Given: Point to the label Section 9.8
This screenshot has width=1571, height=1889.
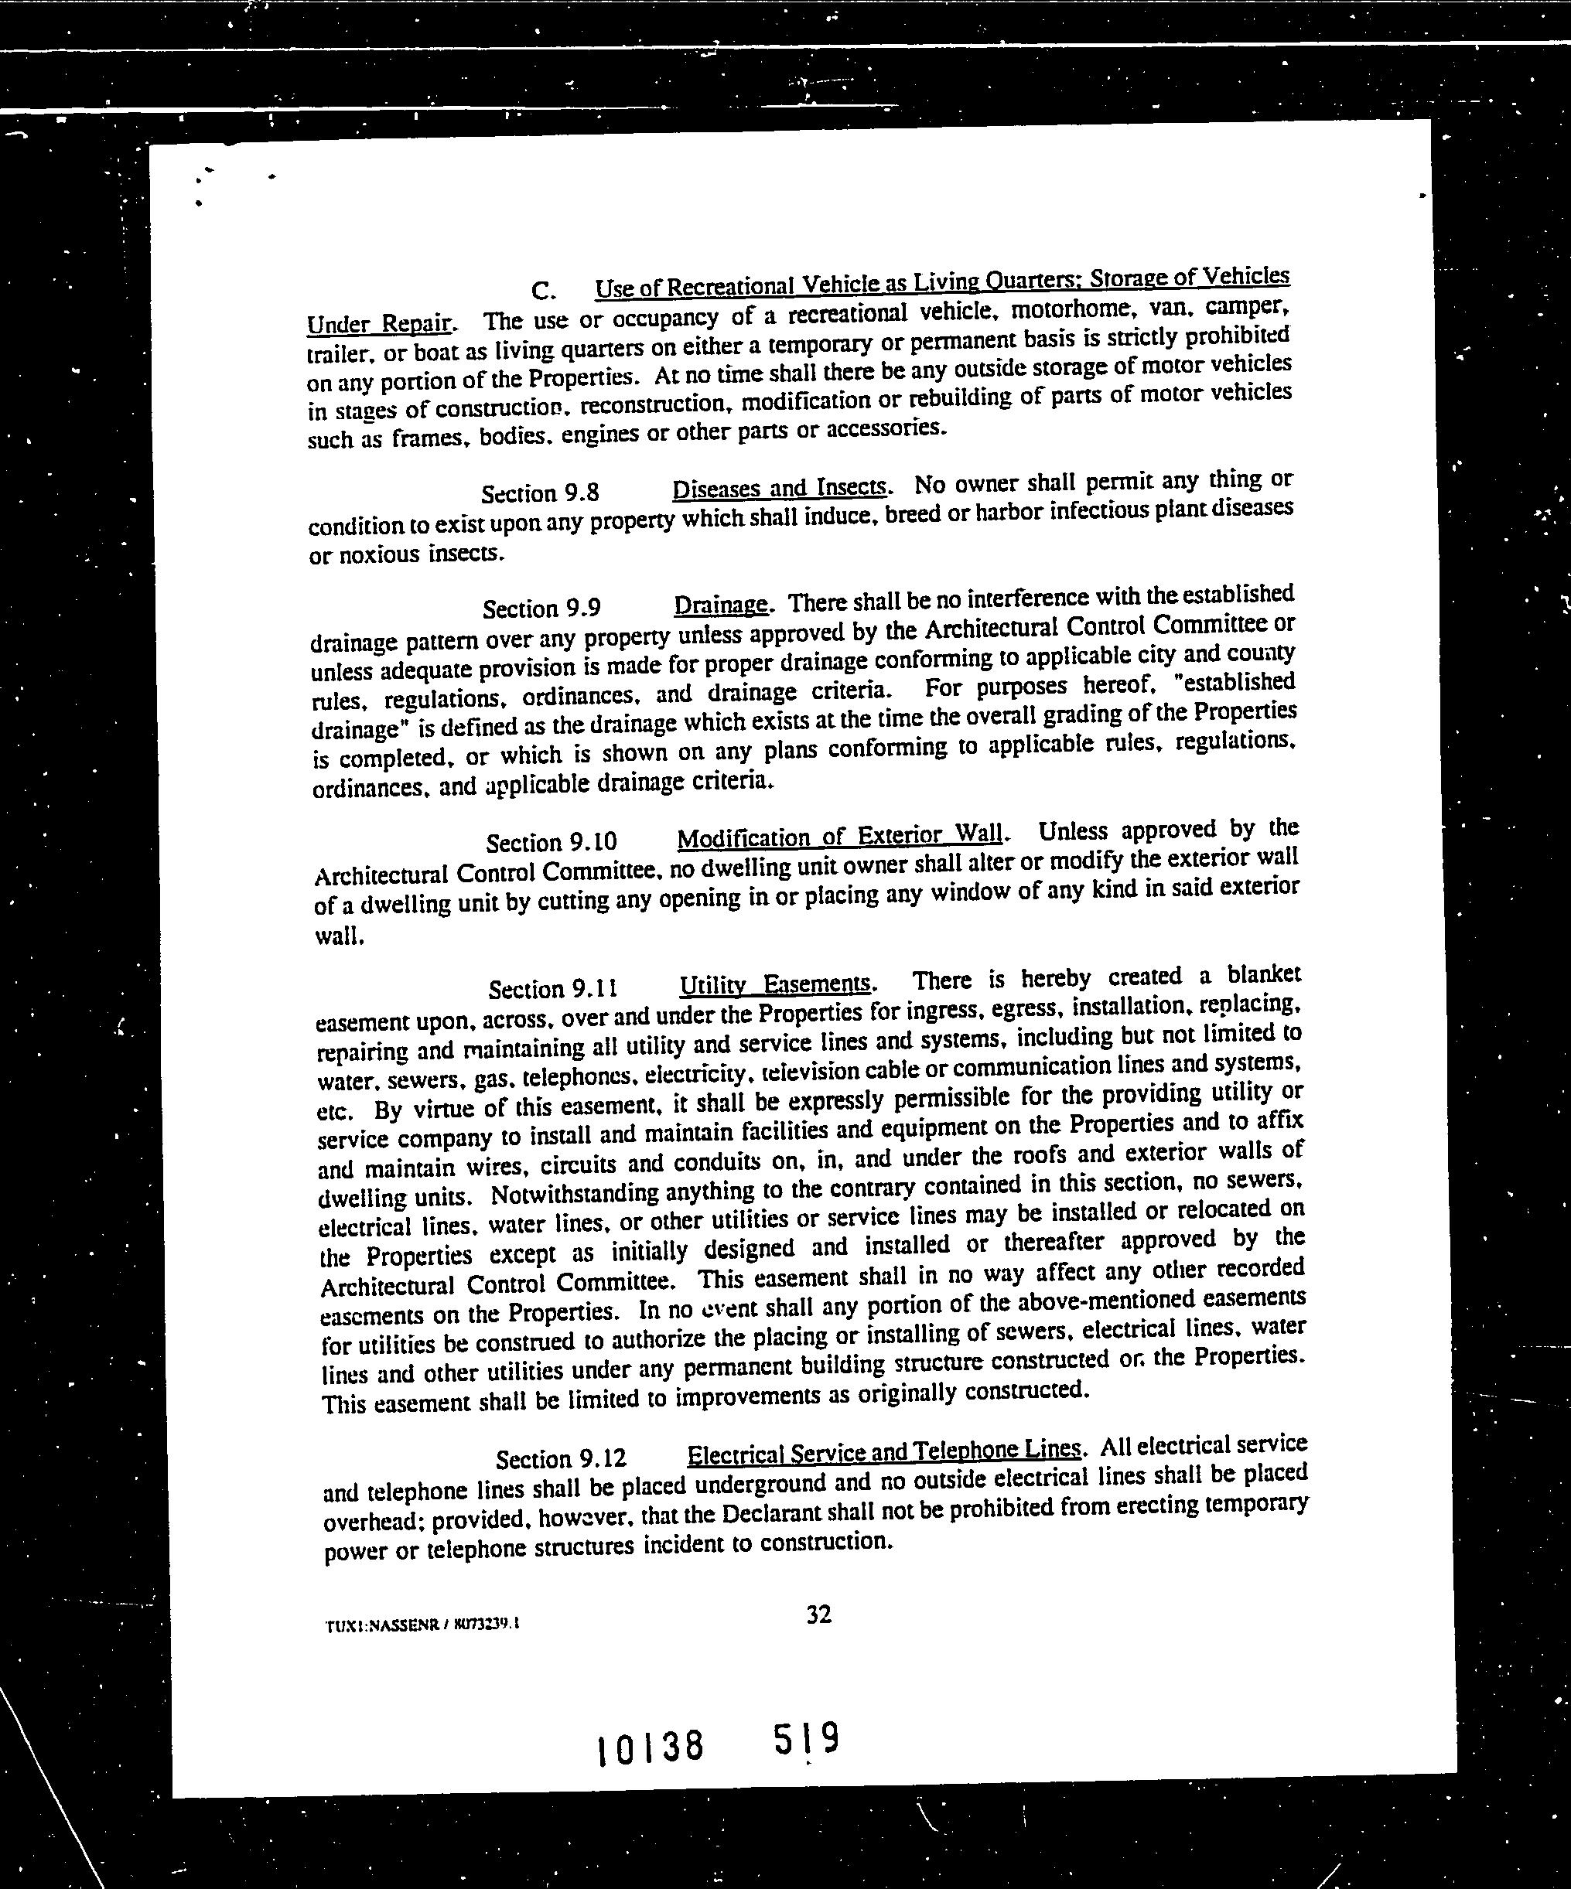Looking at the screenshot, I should [x=540, y=493].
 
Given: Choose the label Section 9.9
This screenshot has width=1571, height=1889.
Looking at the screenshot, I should [x=541, y=609].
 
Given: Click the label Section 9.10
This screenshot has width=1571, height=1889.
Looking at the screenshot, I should [x=552, y=843].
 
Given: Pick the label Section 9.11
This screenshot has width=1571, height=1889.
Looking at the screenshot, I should [x=553, y=990].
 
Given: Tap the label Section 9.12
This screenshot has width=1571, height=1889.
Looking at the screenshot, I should [x=561, y=1458].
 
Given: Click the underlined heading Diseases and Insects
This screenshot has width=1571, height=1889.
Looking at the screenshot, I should [x=780, y=488].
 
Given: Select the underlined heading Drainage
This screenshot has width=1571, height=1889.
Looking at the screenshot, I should [x=722, y=604].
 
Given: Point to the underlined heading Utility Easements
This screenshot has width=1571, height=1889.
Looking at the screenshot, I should [x=776, y=984].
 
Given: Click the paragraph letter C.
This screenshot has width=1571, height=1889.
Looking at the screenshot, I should [x=541, y=292].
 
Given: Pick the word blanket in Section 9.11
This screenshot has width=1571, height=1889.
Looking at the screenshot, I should [x=1263, y=974].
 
